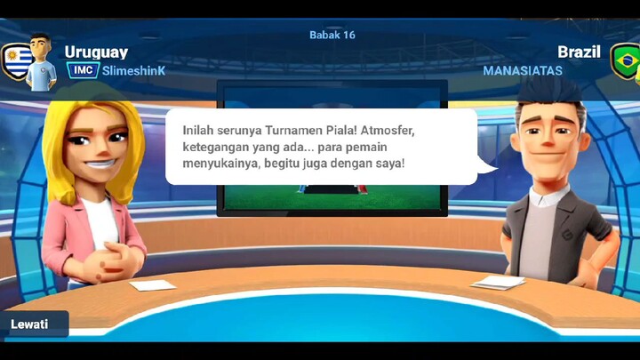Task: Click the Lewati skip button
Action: [x=29, y=324]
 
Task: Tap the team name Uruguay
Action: [x=96, y=52]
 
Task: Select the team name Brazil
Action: [x=579, y=52]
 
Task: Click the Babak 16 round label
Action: [x=332, y=35]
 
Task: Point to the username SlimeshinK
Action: [x=134, y=70]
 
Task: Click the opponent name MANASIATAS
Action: [x=523, y=70]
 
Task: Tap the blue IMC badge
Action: [x=83, y=70]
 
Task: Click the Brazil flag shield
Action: [x=625, y=60]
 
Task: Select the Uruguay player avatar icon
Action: [x=40, y=61]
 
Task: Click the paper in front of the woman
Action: [x=152, y=285]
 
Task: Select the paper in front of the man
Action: [x=497, y=282]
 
